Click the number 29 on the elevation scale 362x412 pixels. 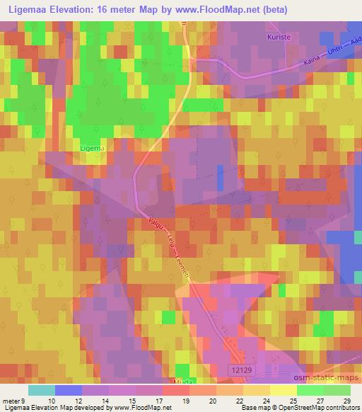coord(346,400)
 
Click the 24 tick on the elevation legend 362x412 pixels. coord(262,400)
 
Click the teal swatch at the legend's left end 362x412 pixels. coord(41,390)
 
